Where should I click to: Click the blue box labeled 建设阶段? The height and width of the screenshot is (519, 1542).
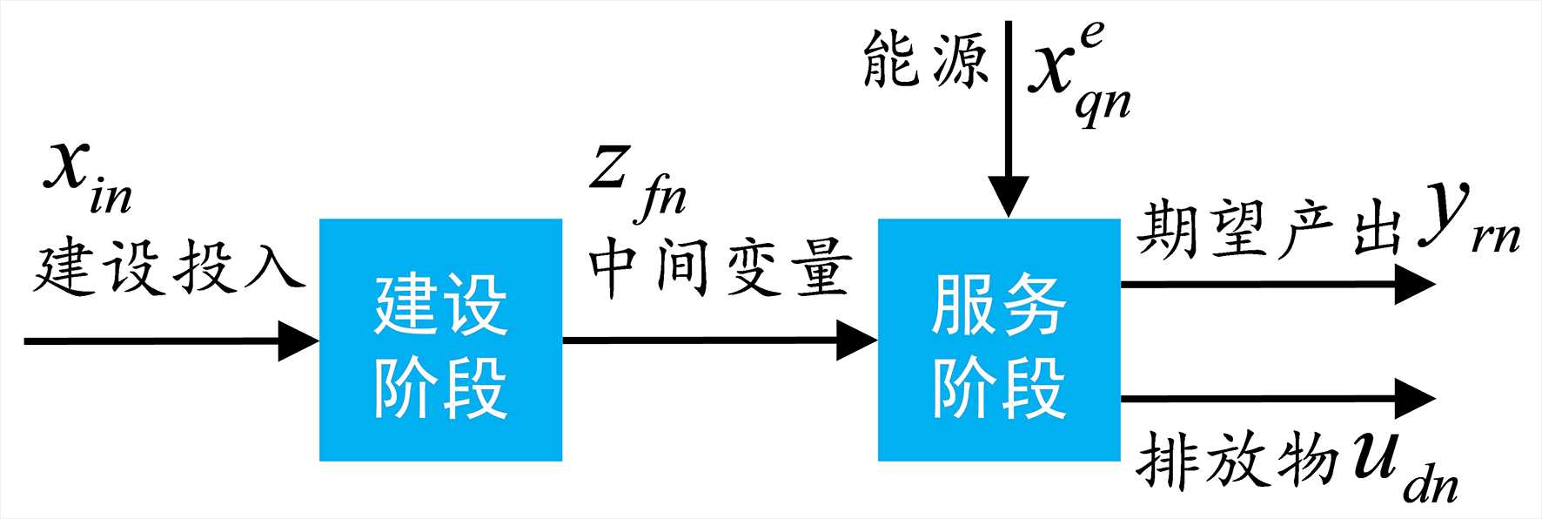click(440, 340)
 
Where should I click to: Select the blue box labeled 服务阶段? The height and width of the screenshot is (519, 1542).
click(998, 340)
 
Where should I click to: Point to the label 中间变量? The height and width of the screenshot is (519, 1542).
click(719, 266)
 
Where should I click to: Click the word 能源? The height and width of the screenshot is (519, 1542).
click(925, 61)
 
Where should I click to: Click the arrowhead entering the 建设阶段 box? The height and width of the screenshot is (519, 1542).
click(298, 340)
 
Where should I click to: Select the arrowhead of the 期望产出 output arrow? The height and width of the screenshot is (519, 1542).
click(1413, 284)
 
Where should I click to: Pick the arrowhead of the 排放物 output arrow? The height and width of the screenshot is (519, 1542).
click(1413, 399)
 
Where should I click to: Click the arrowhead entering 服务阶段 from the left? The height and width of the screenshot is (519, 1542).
click(856, 340)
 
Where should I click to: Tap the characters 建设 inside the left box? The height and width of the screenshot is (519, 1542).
click(440, 305)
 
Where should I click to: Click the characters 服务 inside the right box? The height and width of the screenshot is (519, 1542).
click(998, 305)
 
